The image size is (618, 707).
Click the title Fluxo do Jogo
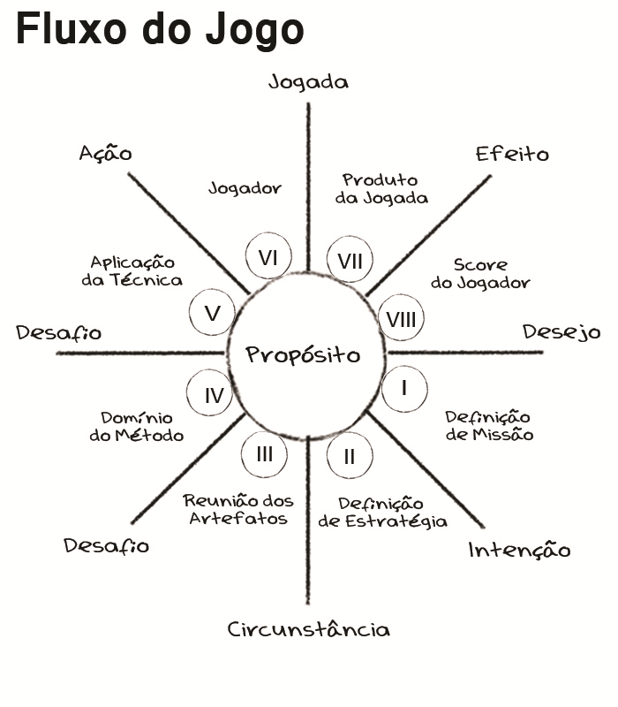159,31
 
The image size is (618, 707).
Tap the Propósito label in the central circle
303,355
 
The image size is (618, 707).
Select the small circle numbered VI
268,257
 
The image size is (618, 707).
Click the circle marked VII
349,261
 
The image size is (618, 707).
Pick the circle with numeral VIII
401,319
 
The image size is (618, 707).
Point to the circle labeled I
404,387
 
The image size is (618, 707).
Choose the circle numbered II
349,456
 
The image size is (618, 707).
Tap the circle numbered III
265,454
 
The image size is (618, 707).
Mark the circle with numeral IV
214,395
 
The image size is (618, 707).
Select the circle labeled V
212,314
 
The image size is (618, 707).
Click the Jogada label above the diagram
308,82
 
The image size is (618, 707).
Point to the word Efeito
512,155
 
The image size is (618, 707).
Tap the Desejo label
561,333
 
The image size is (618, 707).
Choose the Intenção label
519,551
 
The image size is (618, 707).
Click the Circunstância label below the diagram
308,629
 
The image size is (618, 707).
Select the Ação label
105,153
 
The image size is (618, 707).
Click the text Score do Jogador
480,274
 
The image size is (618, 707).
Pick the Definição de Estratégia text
382,513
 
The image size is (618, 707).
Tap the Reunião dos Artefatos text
238,510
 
